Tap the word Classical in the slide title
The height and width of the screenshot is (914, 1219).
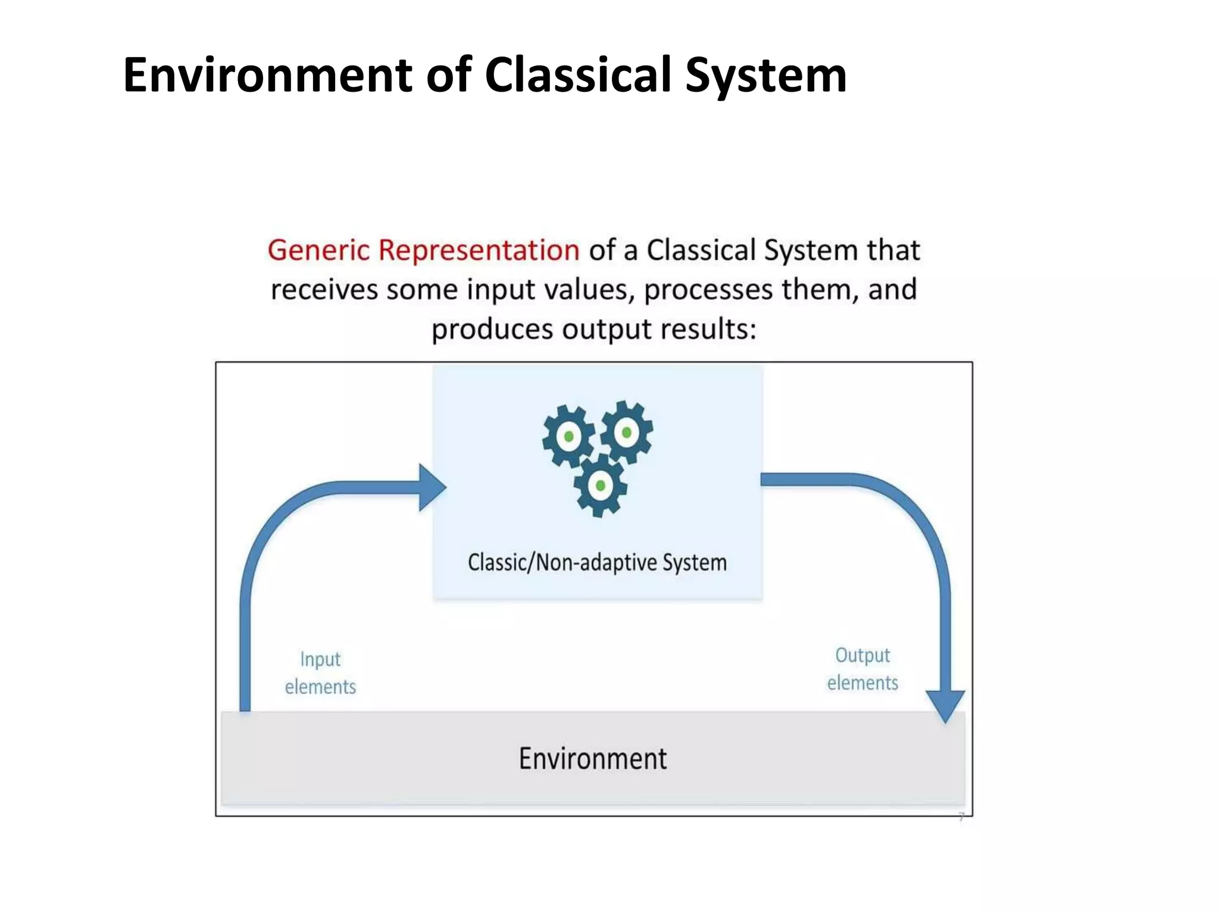pos(579,75)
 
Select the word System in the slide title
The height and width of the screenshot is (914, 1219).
pos(765,76)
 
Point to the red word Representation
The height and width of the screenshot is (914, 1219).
pos(479,250)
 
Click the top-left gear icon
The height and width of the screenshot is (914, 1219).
pos(568,436)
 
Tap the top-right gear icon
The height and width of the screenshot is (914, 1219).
pos(626,432)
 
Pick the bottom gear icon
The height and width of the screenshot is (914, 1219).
pos(600,486)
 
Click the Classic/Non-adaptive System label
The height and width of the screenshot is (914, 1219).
pos(597,562)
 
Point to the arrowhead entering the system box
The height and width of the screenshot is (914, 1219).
pos(432,487)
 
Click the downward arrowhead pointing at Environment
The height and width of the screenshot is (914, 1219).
pos(945,706)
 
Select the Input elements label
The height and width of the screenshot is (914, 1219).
pos(320,673)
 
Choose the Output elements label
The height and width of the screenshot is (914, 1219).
pos(862,669)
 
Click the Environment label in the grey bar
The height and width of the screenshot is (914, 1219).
pos(593,759)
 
